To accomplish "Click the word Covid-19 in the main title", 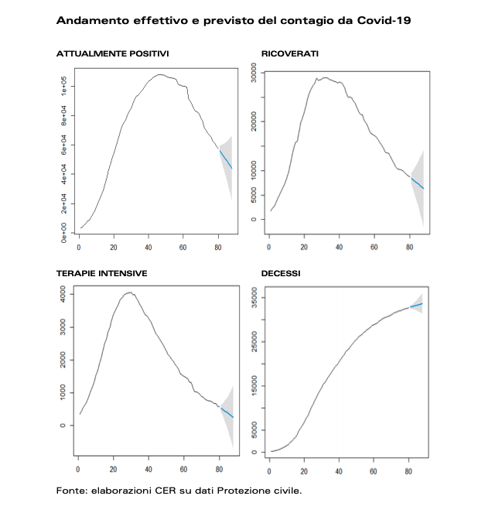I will click(x=384, y=20).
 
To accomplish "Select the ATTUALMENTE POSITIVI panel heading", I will click(x=113, y=53).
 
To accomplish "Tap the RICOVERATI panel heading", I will click(x=290, y=53).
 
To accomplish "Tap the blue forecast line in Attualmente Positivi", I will click(x=226, y=159).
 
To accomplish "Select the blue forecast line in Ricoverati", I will click(x=416, y=183).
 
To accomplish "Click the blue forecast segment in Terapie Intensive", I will click(x=227, y=412).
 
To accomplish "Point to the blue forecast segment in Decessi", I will click(x=416, y=306).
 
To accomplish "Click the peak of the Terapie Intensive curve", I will click(x=130, y=292).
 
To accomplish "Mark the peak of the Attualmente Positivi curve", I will click(x=160, y=75).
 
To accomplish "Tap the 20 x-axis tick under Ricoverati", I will click(x=304, y=247).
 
